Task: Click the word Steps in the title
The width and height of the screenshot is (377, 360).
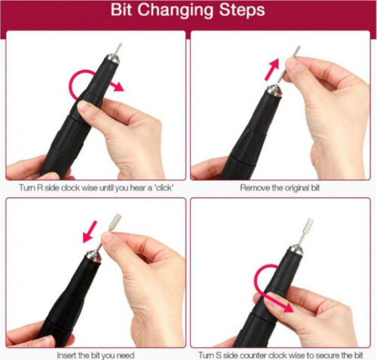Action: coord(242,10)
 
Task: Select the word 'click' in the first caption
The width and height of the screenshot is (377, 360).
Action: coord(163,188)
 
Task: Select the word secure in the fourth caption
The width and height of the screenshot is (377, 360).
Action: coord(326,355)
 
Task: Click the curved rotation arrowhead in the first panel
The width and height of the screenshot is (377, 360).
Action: coord(118,86)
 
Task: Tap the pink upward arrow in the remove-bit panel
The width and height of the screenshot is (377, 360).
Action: coord(272,69)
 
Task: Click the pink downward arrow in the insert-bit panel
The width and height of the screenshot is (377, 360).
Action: coord(90,232)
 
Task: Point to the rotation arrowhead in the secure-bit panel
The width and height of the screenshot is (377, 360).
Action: coord(287,307)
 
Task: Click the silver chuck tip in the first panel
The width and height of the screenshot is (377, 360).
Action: coord(113,60)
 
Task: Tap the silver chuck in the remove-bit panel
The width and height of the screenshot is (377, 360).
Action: coord(274,91)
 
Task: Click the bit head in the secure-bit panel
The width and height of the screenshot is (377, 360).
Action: coord(308,225)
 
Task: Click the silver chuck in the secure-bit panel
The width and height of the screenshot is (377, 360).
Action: coord(296,251)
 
